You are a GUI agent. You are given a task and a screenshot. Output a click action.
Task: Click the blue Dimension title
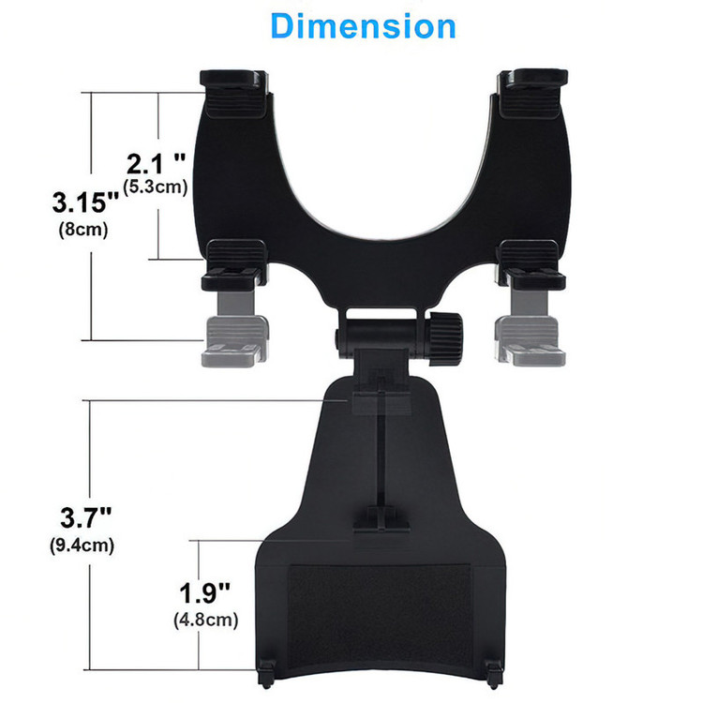click(363, 26)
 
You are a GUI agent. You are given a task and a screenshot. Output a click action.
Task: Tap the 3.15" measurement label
click(85, 202)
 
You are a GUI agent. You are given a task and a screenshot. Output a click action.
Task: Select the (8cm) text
click(83, 230)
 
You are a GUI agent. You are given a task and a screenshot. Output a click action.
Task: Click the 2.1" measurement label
click(156, 164)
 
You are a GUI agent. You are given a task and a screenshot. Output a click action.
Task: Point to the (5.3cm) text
click(155, 187)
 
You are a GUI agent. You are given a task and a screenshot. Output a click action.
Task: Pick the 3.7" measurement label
click(85, 517)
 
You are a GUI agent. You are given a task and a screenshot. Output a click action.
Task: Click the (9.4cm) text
click(82, 546)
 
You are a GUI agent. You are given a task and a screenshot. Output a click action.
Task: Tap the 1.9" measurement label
click(204, 592)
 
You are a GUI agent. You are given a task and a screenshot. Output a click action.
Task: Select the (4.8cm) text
click(206, 621)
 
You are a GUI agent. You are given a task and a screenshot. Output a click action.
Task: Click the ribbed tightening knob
click(445, 339)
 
